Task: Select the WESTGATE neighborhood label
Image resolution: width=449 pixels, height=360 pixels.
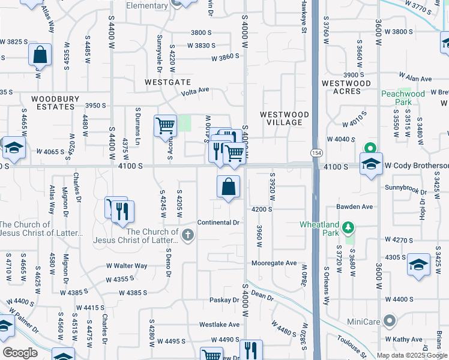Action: coord(168,82)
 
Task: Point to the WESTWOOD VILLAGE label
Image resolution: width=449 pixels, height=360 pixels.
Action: coord(285,118)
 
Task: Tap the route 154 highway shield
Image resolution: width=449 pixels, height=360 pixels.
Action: coord(315,154)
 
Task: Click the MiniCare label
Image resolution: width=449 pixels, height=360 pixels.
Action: coord(364,322)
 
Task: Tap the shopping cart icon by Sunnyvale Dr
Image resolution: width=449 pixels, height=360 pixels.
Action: coord(165,126)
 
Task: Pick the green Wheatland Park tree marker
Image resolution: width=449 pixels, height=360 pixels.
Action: coord(348,227)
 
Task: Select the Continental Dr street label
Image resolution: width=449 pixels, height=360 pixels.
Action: coord(218,223)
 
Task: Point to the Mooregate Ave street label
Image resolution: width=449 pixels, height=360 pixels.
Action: coord(274,263)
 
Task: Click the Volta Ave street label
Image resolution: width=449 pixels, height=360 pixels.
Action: coord(196,91)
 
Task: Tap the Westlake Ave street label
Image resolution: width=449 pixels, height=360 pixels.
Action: coord(220,325)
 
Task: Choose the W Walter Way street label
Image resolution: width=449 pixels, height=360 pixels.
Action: coord(127,265)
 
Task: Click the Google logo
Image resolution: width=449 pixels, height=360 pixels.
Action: coord(20,352)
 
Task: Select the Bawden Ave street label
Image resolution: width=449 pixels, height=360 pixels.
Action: coord(355,206)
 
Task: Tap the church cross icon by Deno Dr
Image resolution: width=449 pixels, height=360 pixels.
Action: coord(188,235)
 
